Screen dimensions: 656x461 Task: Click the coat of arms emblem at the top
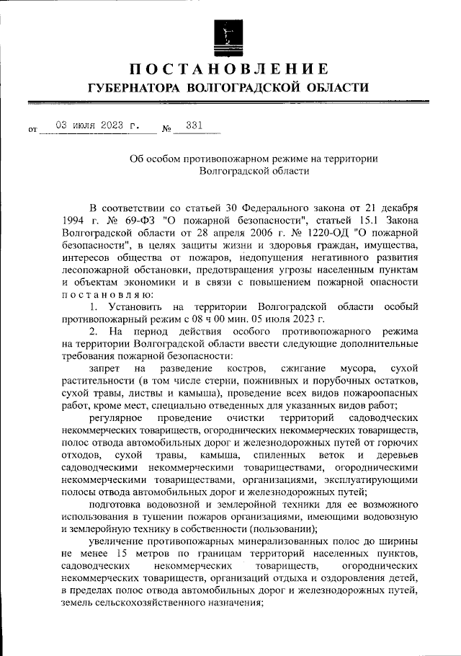230,32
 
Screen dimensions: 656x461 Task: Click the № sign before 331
166,130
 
